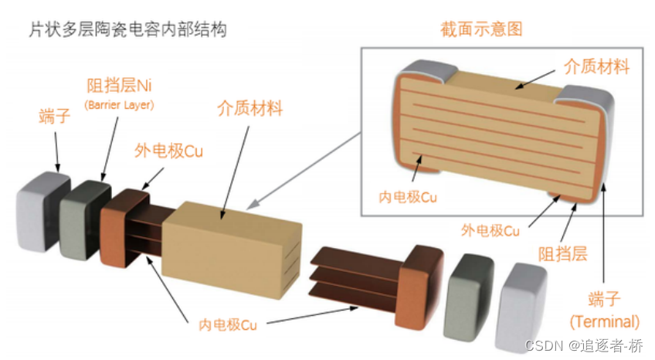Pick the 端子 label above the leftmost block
pos(55,118)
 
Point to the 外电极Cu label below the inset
pos(490,230)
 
